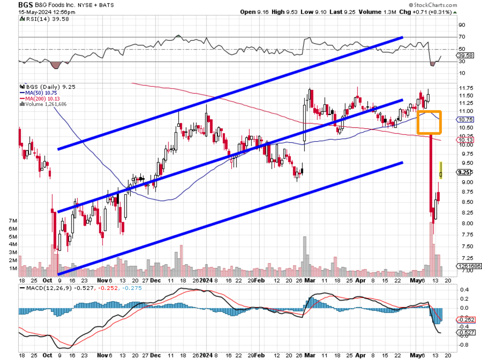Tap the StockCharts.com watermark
pos(432,5)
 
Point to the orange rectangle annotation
pos(429,122)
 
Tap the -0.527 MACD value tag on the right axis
pos(465,333)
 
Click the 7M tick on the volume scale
pos(24,221)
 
